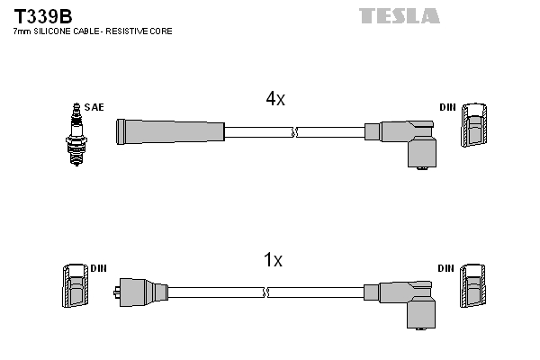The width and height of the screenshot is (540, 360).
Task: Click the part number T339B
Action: (x=42, y=16)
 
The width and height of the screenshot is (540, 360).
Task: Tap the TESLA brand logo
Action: (x=399, y=15)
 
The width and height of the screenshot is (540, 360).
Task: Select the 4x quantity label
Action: (x=275, y=100)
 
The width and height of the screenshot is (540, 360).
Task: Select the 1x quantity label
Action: (x=273, y=261)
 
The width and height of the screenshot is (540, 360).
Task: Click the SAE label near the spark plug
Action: (x=94, y=107)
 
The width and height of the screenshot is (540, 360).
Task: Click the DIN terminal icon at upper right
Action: (x=475, y=125)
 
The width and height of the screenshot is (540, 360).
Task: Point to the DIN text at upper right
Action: (x=447, y=107)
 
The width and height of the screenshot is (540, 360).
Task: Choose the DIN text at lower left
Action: (x=98, y=268)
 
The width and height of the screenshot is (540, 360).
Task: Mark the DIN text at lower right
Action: (x=446, y=268)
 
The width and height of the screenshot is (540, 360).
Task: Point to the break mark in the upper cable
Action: (x=295, y=132)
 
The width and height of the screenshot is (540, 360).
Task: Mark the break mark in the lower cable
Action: (x=267, y=292)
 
